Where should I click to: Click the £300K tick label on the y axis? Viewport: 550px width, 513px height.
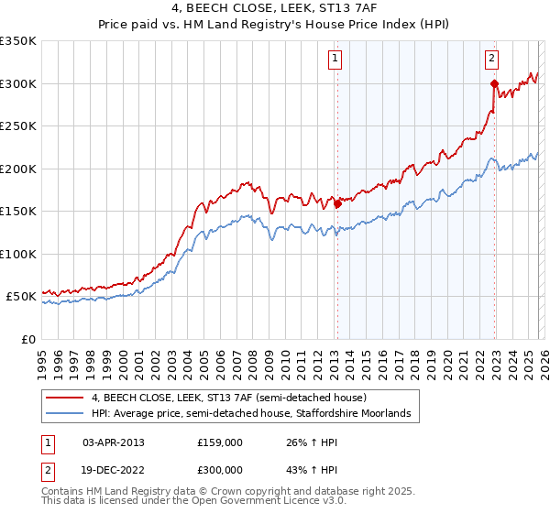[x=17, y=83]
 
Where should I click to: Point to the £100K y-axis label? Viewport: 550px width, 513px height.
[x=17, y=254]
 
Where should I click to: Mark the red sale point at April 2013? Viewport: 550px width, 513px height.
[x=337, y=204]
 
